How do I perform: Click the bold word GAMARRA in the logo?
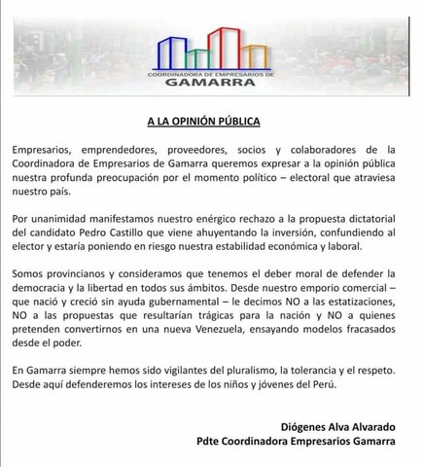(x=210, y=83)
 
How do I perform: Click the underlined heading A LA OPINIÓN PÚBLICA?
(x=211, y=124)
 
